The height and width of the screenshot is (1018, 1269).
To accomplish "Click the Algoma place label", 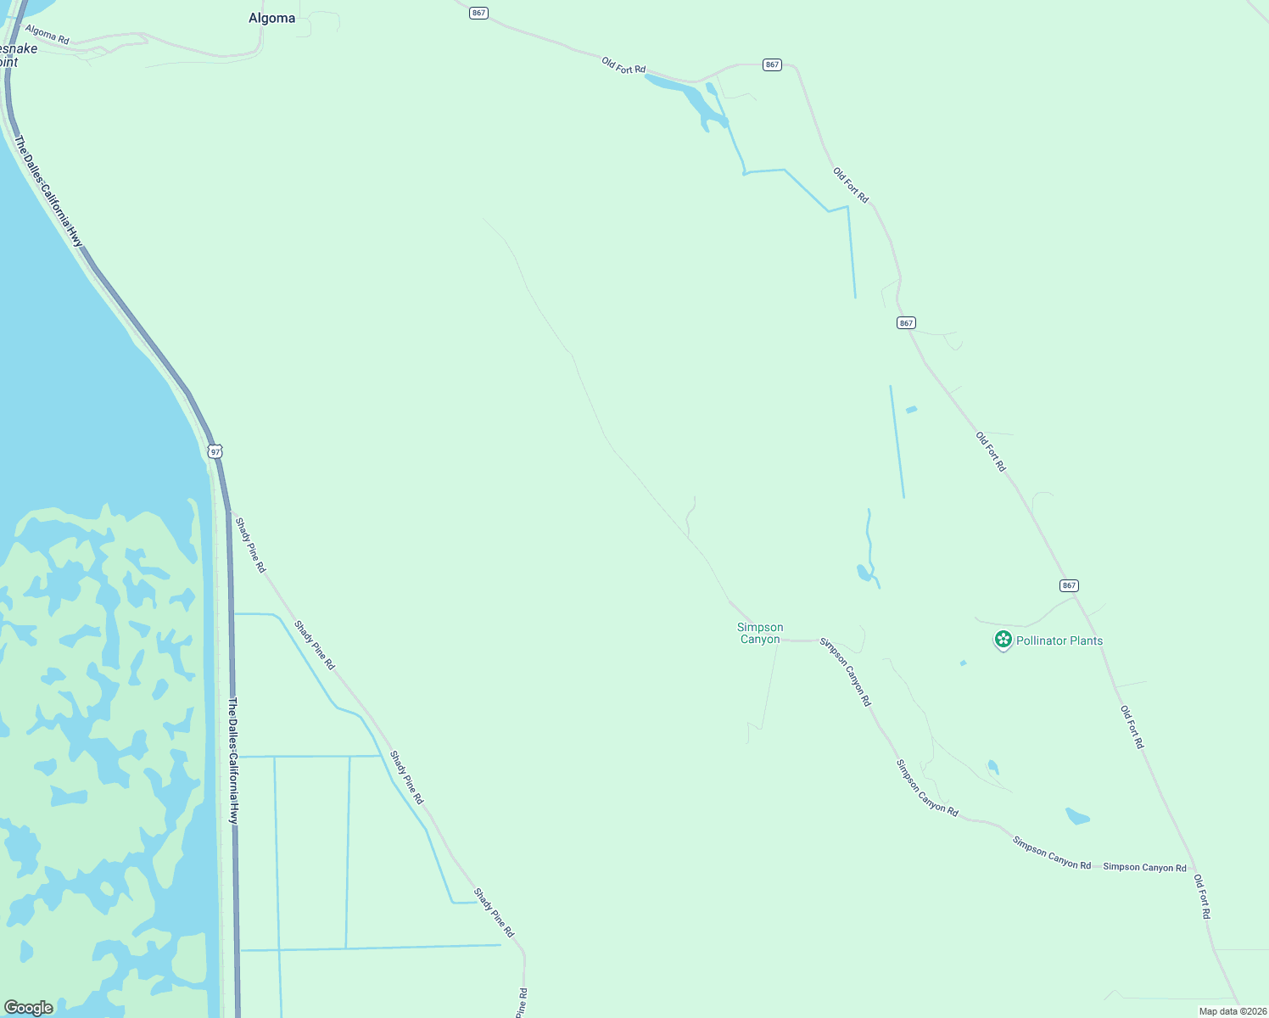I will (x=271, y=18).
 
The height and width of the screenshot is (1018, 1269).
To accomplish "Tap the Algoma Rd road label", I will (x=47, y=34).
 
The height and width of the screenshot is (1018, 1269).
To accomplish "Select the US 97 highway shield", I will (x=215, y=451).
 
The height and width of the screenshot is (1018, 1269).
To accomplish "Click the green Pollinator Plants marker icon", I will (x=1003, y=640).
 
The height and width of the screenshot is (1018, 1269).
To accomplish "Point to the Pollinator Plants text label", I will (x=1059, y=640).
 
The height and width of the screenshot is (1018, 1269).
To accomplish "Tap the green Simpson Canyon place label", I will (x=760, y=633).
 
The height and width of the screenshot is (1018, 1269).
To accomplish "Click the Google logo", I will (x=29, y=1008).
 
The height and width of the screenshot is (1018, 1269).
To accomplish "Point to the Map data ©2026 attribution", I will (x=1232, y=1011).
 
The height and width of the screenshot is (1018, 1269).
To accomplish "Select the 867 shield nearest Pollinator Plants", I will (x=1069, y=585).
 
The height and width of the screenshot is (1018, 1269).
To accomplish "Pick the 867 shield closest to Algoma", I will (x=479, y=13).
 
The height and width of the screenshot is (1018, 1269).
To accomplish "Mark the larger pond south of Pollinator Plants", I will (x=1076, y=816).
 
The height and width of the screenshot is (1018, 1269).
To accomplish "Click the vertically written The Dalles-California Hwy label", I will (x=233, y=761).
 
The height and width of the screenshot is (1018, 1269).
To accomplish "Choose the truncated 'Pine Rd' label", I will (x=523, y=1003).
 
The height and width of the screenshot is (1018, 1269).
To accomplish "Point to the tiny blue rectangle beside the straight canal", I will (x=911, y=410).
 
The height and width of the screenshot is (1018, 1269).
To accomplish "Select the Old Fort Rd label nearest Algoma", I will (x=623, y=65).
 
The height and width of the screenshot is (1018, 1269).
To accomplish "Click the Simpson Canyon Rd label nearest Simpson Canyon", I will (x=845, y=672).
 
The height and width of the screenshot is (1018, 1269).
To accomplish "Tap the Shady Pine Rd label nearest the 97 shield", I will (x=250, y=545).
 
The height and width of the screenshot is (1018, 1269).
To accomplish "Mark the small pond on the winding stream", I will (x=864, y=573).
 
